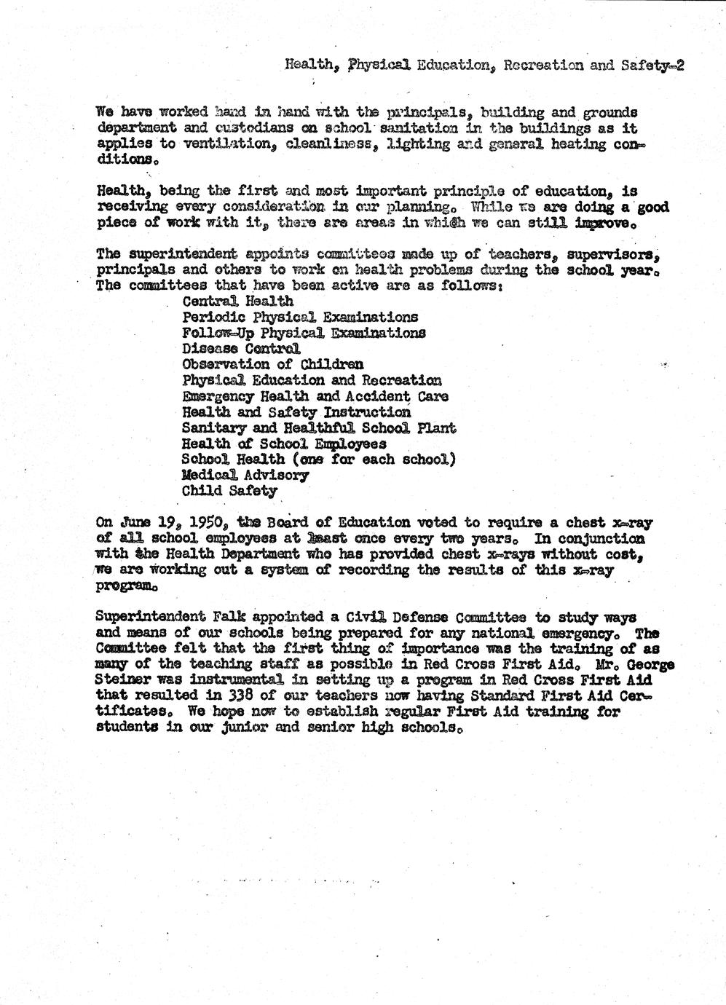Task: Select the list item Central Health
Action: [x=237, y=301]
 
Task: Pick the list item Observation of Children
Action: [x=272, y=364]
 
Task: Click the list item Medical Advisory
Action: [x=245, y=475]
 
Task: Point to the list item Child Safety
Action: [x=229, y=491]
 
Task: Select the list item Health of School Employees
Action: [x=283, y=444]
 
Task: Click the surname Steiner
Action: [x=121, y=680]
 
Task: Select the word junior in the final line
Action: [x=236, y=728]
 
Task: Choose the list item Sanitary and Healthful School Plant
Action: [x=318, y=427]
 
